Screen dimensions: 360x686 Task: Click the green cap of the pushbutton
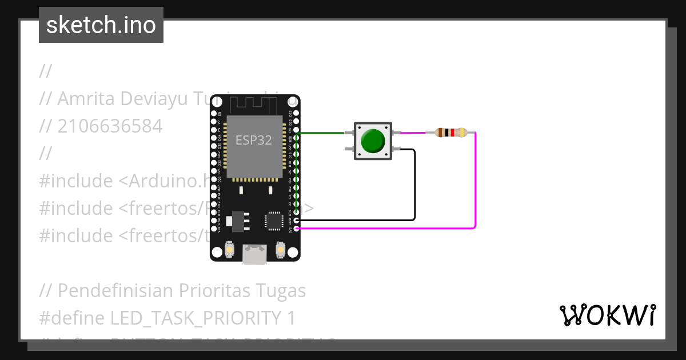(x=373, y=141)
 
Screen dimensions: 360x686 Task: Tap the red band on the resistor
(x=452, y=133)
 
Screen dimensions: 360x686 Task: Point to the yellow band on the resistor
(x=461, y=133)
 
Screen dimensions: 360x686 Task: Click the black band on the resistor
(x=446, y=133)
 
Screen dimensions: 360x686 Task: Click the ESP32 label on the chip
(x=254, y=139)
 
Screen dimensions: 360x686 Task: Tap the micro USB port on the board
(x=254, y=254)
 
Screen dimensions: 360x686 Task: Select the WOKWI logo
(x=607, y=315)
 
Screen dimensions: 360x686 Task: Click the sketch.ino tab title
(x=101, y=25)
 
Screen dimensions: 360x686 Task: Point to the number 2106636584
(x=110, y=126)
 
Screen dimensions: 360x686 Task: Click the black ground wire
(x=414, y=189)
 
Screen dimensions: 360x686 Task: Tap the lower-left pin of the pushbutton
(x=348, y=149)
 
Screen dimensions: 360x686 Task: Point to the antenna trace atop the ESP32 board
(x=254, y=105)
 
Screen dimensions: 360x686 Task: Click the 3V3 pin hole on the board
(x=296, y=229)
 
